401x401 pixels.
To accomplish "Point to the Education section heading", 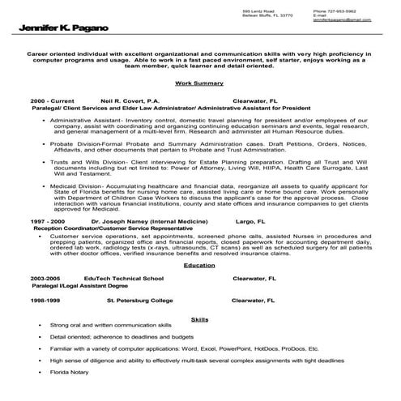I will coord(199,265).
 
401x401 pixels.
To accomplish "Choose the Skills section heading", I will coord(199,318).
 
